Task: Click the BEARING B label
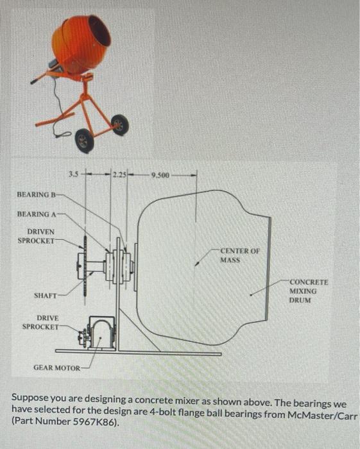[x=36, y=195]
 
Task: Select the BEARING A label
[x=37, y=214]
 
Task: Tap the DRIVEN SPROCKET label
[x=36, y=236]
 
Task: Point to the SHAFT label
[x=46, y=295]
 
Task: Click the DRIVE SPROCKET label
[x=40, y=323]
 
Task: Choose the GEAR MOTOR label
[x=56, y=368]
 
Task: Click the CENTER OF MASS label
[x=240, y=255]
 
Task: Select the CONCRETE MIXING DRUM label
[x=309, y=291]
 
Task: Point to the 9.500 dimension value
[x=160, y=175]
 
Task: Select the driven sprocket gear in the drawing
[x=85, y=266]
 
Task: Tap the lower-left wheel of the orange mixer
[x=85, y=141]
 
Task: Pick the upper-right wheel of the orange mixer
[x=120, y=125]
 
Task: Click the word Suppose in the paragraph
[x=30, y=398]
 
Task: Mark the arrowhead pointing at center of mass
[x=196, y=264]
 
